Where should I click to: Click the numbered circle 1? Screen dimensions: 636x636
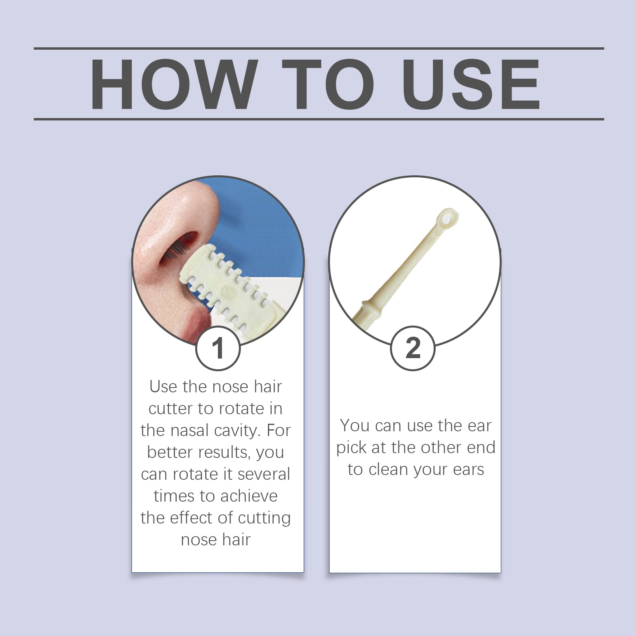click(x=218, y=349)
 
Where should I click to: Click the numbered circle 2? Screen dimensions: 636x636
click(x=413, y=349)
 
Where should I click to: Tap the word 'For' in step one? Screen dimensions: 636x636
click(x=279, y=431)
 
